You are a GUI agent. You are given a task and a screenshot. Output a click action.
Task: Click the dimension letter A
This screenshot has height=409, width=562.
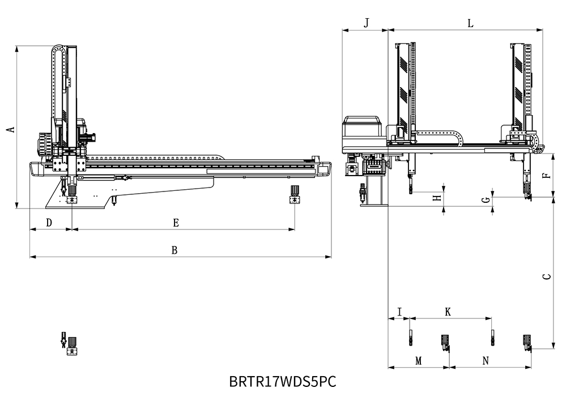(10, 129)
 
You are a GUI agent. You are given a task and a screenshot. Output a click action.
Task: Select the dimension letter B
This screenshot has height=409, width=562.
(175, 250)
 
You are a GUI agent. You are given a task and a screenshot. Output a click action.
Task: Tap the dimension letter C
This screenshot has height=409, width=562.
(546, 276)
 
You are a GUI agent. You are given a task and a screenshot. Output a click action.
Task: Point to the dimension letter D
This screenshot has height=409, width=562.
(49, 223)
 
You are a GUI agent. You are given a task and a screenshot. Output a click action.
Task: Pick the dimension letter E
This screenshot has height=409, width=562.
(176, 223)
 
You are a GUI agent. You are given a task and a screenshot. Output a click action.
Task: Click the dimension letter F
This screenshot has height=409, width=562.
(546, 175)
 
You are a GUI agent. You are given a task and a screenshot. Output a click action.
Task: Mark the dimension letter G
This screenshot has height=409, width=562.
(485, 201)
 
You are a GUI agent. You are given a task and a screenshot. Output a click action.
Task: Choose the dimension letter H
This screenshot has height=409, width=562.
(436, 198)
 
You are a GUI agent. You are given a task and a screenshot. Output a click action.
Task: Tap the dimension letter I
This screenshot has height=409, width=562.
(399, 312)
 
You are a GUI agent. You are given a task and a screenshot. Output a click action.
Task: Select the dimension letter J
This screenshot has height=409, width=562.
(366, 23)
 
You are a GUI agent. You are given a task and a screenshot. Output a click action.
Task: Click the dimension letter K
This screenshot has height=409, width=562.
(448, 312)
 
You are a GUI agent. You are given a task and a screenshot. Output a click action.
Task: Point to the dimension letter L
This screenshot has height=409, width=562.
(470, 23)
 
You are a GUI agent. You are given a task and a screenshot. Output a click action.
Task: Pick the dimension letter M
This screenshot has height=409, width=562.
(419, 360)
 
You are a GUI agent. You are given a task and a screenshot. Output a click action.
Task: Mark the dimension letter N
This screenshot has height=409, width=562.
(486, 360)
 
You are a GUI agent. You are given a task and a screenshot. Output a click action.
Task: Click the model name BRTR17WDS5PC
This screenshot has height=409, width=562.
(283, 382)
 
